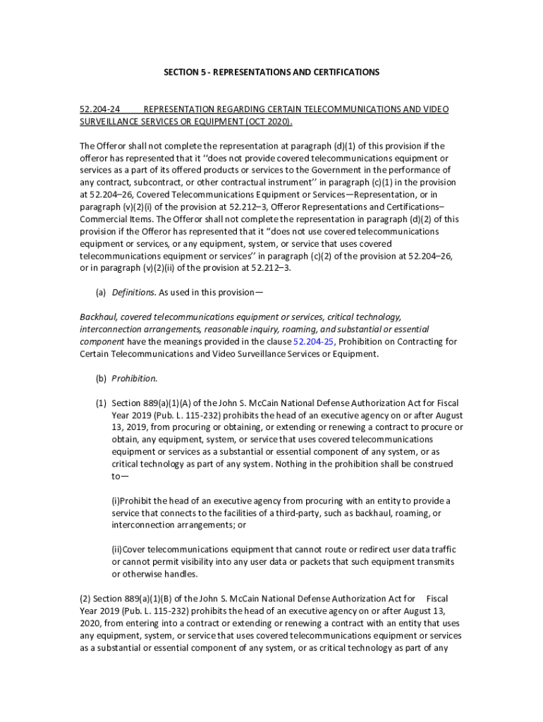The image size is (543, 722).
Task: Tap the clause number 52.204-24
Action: pyautogui.click(x=99, y=109)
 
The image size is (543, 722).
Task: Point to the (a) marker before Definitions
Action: pyautogui.click(x=101, y=293)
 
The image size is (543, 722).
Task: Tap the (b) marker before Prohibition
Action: pyautogui.click(x=101, y=378)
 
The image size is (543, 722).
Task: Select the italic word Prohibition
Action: pyautogui.click(x=134, y=378)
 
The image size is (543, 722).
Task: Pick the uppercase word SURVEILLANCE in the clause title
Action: pyautogui.click(x=112, y=121)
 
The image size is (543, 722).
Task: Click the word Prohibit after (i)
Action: pyautogui.click(x=139, y=501)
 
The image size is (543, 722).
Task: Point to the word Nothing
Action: pyautogui.click(x=292, y=464)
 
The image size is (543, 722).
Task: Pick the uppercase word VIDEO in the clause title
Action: pyautogui.click(x=436, y=109)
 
